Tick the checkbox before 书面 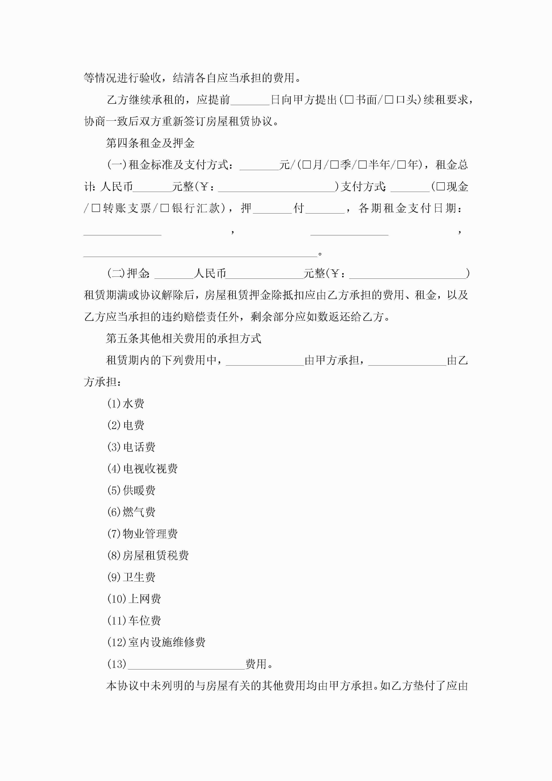(349, 100)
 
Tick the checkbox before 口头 (389, 100)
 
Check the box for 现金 (440, 187)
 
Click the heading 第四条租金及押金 (150, 143)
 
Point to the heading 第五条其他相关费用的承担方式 (184, 338)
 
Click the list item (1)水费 (126, 404)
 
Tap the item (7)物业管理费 (142, 534)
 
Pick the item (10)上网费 (134, 599)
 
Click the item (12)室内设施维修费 (156, 642)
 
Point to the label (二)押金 (128, 273)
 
